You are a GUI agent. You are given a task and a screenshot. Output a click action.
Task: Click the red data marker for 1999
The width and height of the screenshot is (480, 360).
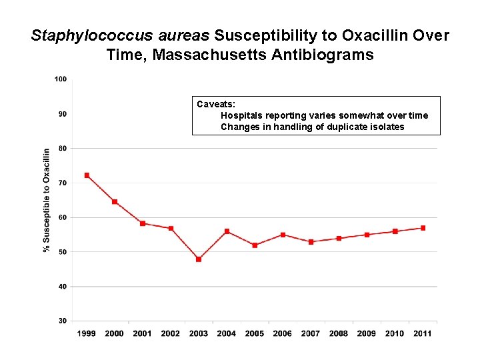point(87,175)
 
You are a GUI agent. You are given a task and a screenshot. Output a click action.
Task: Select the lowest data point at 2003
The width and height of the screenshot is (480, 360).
point(199,259)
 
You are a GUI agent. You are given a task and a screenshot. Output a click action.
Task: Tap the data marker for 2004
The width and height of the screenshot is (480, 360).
point(227,231)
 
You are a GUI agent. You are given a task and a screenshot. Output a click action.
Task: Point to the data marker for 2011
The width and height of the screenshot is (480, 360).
point(423,228)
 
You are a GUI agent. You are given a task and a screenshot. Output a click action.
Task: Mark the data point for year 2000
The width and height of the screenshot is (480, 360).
point(115,202)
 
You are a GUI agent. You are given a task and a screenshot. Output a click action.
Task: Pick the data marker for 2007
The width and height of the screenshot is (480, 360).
point(311,242)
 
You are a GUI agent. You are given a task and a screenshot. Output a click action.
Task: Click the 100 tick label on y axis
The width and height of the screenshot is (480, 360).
point(60,79)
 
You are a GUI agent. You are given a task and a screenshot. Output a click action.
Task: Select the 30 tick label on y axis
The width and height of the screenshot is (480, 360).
point(62,321)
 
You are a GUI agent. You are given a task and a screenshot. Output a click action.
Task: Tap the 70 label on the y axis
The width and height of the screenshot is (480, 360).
point(62,183)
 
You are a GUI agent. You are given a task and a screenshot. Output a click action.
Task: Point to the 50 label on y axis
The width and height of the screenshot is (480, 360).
point(62,252)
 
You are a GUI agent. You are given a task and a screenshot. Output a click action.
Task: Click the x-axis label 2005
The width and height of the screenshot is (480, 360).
point(254,333)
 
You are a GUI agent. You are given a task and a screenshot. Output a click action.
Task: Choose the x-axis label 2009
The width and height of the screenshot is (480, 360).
point(366,333)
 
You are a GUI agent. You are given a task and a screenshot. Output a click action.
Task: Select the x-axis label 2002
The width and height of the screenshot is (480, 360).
point(170,333)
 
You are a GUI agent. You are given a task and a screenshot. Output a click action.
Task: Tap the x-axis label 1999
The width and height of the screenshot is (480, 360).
point(87,333)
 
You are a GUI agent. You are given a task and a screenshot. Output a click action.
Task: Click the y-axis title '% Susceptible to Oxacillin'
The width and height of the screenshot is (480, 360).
point(47,200)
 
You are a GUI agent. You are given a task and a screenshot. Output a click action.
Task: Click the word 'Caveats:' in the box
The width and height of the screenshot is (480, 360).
point(212,104)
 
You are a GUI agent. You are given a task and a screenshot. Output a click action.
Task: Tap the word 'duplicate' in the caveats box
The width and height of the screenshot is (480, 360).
point(346,127)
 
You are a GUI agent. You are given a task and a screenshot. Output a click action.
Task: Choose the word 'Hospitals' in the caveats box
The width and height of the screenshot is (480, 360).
point(241,115)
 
